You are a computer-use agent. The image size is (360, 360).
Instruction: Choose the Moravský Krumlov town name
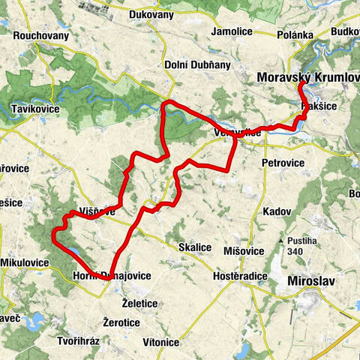(308, 78)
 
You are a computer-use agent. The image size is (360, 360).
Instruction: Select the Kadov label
(277, 211)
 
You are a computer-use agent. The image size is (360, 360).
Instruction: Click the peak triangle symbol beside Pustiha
(280, 240)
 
